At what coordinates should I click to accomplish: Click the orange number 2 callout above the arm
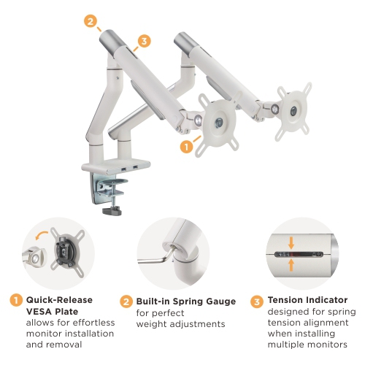point(91,21)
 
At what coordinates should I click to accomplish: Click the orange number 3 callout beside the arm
point(144,41)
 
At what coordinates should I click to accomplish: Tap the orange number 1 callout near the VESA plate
point(186,147)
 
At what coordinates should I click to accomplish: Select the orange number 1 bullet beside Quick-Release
point(16,300)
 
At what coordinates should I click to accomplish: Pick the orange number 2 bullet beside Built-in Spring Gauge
point(126,301)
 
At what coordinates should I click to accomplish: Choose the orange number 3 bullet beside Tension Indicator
point(257,301)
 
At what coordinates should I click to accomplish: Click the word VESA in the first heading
point(39,312)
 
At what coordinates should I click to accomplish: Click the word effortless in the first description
point(93,323)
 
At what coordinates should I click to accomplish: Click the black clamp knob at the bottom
point(112,211)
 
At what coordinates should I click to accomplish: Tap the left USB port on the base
point(124,169)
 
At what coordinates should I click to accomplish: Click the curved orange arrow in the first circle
point(41,235)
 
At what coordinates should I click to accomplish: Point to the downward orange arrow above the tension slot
point(291,243)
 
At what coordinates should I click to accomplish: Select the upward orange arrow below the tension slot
point(291,265)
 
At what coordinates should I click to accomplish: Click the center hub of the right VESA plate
point(294,111)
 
